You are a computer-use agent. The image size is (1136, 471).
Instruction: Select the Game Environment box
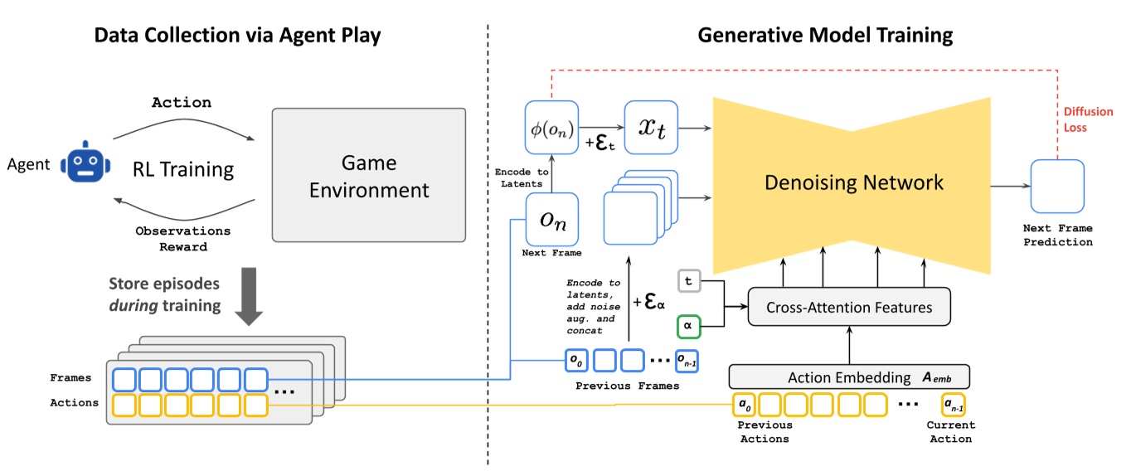369,175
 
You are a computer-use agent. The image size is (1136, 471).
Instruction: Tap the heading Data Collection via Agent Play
238,36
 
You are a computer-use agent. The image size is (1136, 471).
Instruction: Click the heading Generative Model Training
825,36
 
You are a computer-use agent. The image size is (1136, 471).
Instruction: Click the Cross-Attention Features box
849,307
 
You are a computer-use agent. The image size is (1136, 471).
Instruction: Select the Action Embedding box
849,377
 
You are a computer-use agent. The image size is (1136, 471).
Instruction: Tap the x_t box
651,127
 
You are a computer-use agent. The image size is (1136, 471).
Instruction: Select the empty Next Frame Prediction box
1057,186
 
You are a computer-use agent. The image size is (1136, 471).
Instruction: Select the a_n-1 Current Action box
953,405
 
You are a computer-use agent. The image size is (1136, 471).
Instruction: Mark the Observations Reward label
183,239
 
